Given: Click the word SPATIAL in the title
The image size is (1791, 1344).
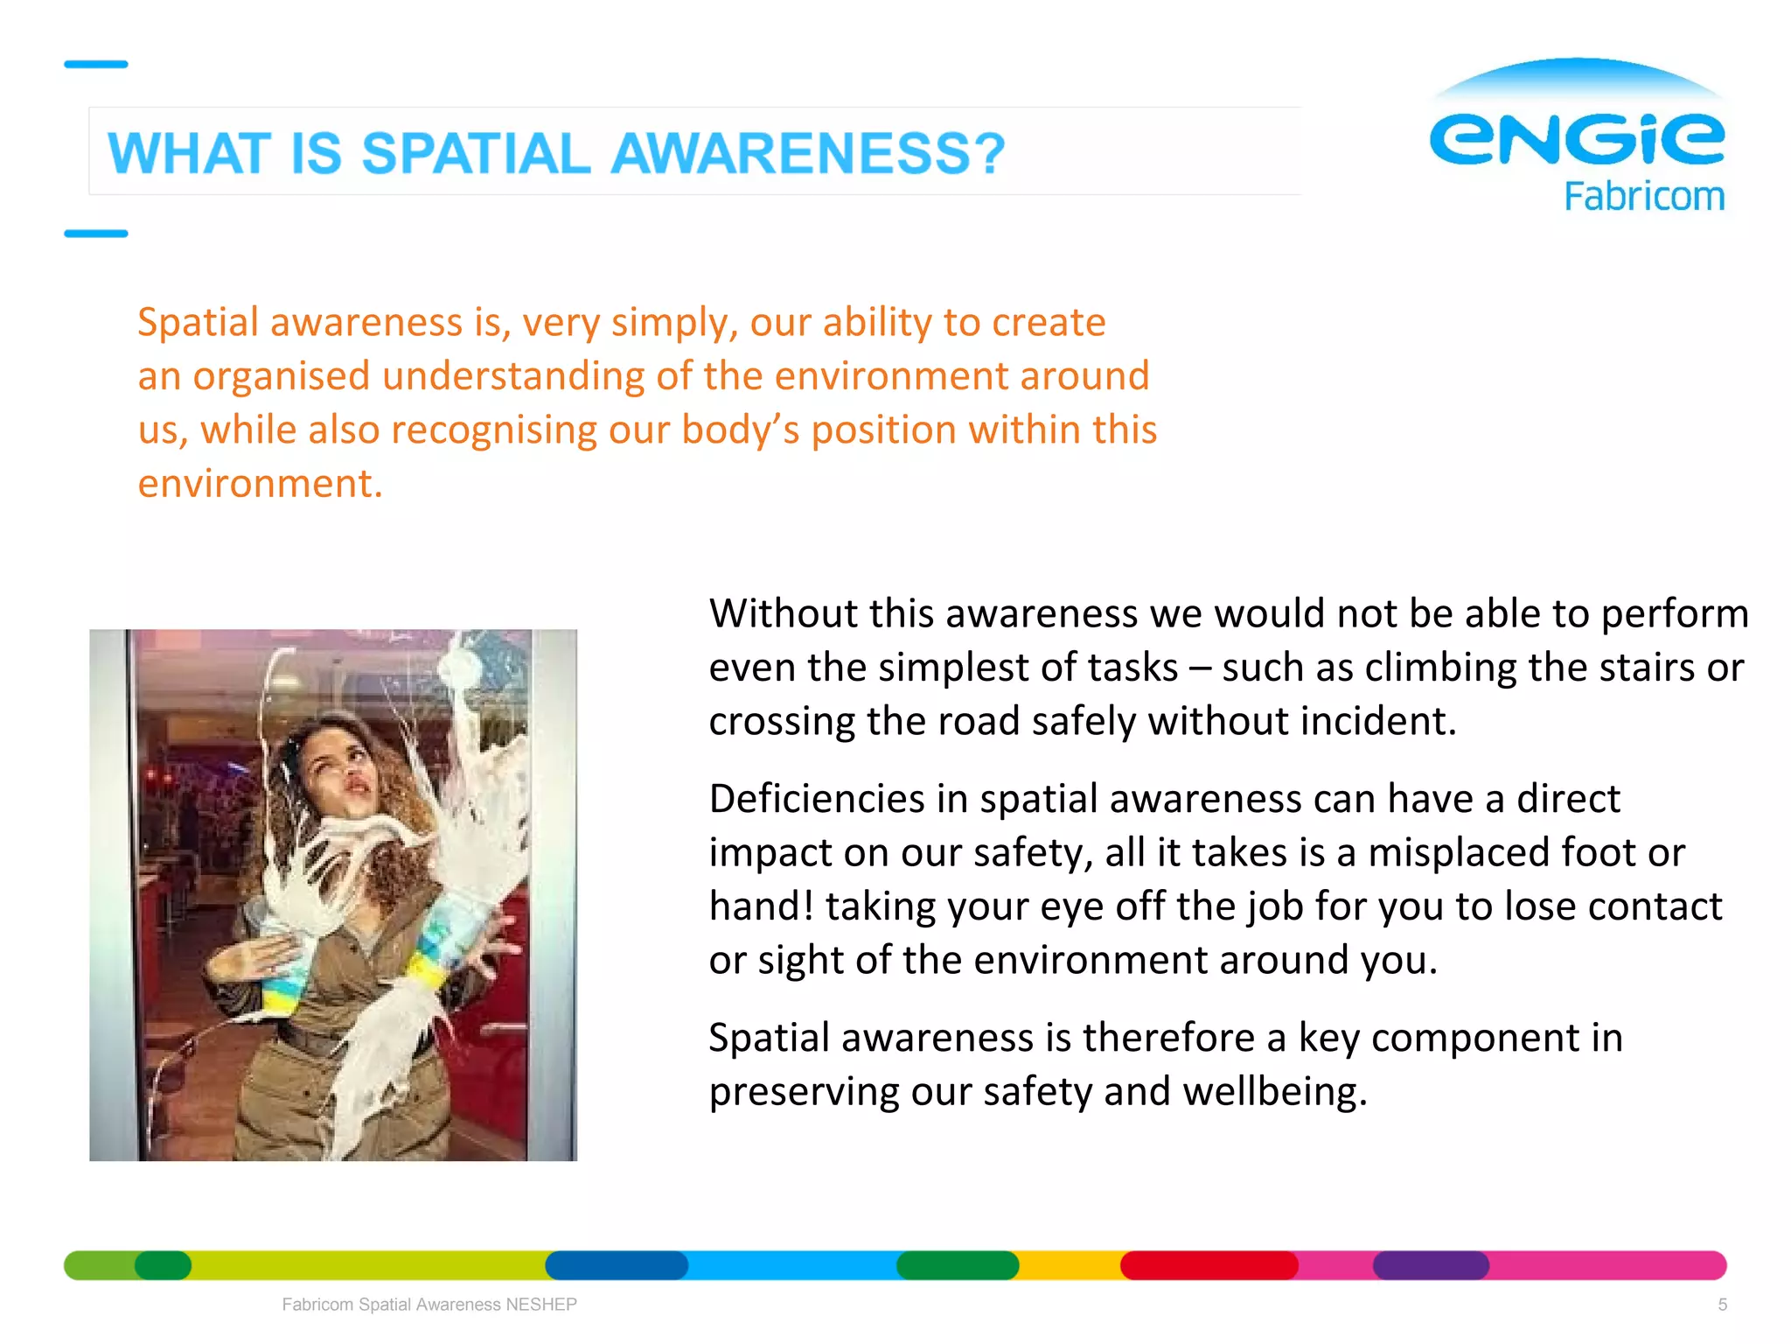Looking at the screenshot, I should pos(477,154).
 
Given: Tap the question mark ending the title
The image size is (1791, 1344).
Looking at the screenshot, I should pos(987,154).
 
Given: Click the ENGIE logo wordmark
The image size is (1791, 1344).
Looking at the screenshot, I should pos(1576,138).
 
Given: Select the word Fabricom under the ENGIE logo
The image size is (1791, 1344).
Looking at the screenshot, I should pos(1644,196).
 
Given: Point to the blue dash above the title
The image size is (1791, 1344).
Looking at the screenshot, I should pos(96,64).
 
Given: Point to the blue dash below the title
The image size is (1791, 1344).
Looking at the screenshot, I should pos(96,234).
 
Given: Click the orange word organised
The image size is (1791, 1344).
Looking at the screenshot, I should pos(282,376).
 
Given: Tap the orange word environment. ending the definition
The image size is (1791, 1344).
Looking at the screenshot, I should pos(260,484).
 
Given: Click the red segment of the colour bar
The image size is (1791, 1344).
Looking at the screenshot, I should pos(1209,1265).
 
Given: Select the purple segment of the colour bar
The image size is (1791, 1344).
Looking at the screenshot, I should pos(1431,1265).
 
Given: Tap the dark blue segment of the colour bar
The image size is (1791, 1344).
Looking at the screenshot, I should pos(617,1265).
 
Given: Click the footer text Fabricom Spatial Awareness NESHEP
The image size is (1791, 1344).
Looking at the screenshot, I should pos(429,1305).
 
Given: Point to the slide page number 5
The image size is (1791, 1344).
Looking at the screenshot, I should pos(1722,1305).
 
